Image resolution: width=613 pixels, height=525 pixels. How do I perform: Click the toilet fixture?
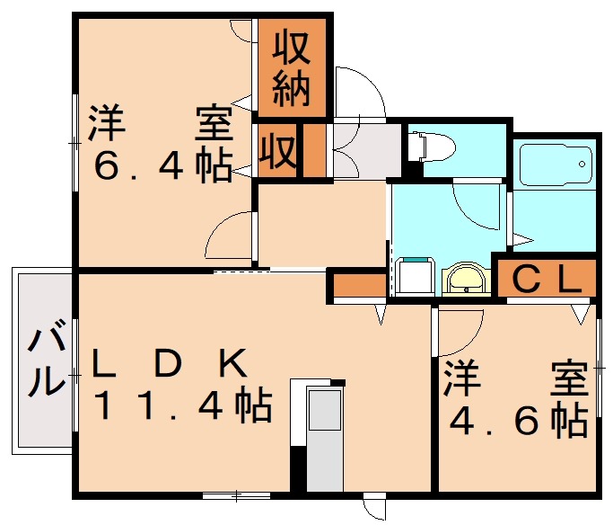431,147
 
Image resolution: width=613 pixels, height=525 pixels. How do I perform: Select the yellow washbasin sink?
466,278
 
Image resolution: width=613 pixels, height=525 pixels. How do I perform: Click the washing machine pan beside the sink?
415,276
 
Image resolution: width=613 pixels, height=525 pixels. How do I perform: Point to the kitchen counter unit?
325,439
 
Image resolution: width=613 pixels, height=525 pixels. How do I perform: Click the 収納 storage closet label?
292,69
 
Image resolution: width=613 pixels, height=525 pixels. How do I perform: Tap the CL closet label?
547,279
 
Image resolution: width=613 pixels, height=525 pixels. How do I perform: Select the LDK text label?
169,362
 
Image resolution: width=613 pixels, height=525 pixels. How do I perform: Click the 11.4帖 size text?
182,405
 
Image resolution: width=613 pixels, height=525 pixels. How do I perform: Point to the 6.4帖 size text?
162,165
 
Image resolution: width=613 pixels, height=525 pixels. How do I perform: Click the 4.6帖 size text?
519,422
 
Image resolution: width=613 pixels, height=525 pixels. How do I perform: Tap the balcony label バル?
46,357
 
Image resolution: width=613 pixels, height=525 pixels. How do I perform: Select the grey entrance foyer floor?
367,151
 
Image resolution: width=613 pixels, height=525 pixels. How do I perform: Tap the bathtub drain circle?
582,164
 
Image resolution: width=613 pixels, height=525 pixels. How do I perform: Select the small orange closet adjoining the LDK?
359,285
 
